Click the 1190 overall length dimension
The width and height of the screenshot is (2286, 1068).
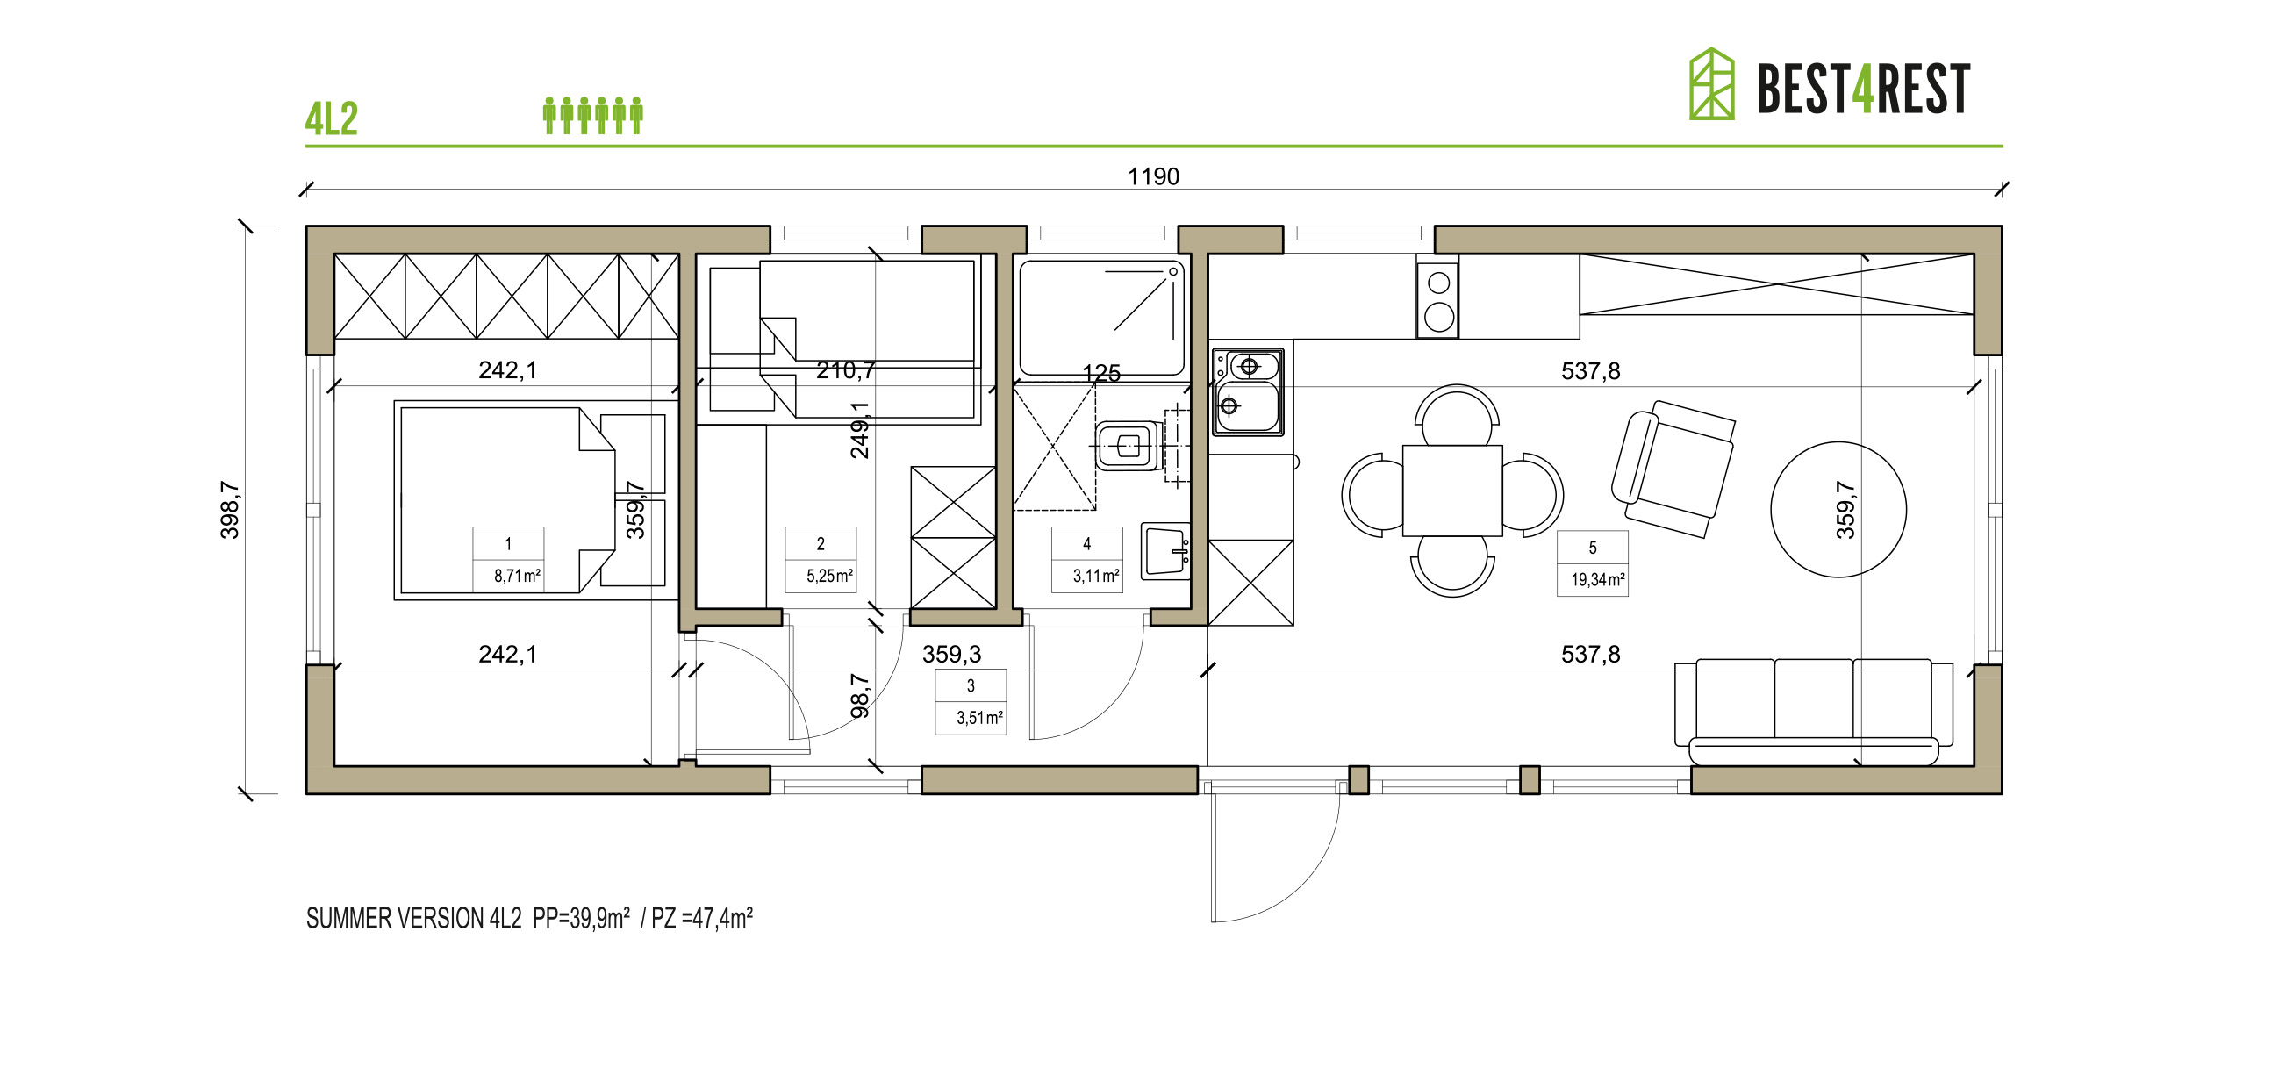pos(1153,176)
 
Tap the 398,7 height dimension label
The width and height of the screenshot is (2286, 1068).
pos(230,510)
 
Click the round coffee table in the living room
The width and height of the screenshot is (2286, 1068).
pos(1838,510)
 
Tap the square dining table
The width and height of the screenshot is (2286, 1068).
pos(1451,491)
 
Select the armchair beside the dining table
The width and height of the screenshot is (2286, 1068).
pos(1673,469)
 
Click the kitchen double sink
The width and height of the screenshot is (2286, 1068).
pos(1248,391)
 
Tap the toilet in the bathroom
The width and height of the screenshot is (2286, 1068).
pos(1128,446)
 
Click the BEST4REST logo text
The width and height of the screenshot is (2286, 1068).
pos(1863,89)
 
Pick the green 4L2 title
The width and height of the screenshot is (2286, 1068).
pos(331,119)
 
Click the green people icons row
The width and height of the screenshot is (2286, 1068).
pos(593,116)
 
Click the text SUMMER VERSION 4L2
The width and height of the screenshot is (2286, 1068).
pos(413,918)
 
